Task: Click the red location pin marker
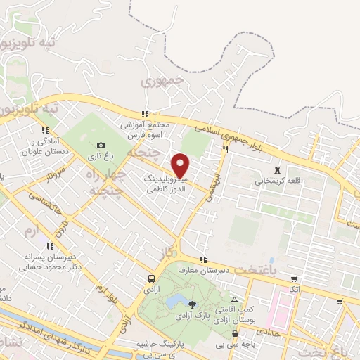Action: (x=181, y=166)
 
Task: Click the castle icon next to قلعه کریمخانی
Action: (x=276, y=169)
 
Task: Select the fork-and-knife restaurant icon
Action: (x=226, y=149)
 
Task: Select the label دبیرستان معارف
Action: (x=204, y=270)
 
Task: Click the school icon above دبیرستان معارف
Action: (x=204, y=259)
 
